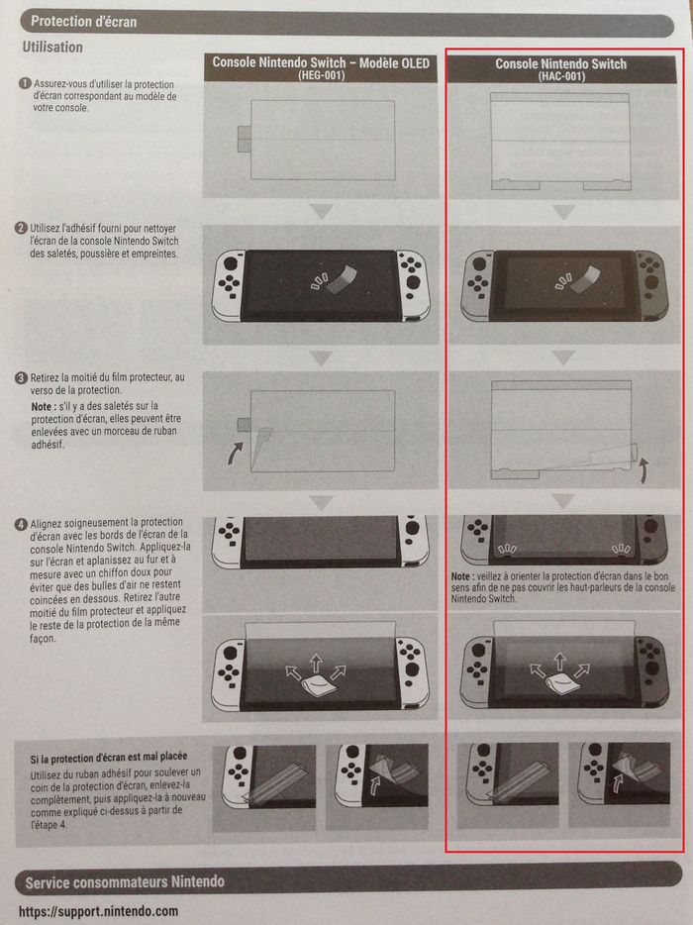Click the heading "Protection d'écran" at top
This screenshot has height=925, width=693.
click(84, 22)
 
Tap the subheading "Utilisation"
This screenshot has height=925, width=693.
click(52, 48)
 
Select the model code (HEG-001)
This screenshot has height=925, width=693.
click(321, 75)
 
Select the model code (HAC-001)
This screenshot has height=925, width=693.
click(561, 76)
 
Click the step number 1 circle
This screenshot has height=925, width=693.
click(25, 84)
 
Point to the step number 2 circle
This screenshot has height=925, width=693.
click(21, 229)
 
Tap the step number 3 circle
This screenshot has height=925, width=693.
click(21, 377)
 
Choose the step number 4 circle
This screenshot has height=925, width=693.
click(21, 524)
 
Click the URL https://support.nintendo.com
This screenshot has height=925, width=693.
click(98, 911)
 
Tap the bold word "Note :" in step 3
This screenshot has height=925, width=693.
click(44, 406)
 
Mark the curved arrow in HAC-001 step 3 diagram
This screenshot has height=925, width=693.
click(644, 470)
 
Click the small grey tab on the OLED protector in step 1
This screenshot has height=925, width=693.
click(244, 140)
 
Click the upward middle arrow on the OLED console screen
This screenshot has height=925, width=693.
click(317, 663)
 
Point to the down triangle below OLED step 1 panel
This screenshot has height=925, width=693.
click(322, 211)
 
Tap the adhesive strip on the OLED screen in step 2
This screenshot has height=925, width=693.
click(343, 279)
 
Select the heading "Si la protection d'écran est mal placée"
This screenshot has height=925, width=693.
click(109, 757)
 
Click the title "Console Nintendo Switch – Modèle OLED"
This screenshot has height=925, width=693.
click(321, 62)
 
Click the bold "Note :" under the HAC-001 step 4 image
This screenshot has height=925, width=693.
click(461, 576)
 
